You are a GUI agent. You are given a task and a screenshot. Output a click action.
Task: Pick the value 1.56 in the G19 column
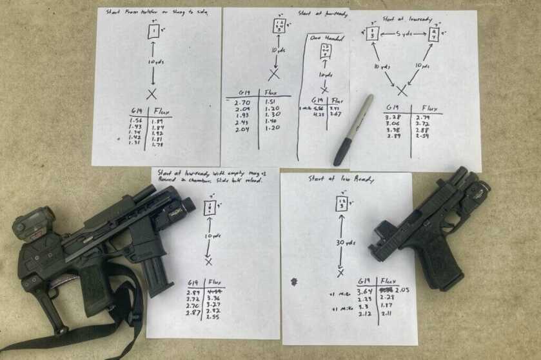coord(135,121)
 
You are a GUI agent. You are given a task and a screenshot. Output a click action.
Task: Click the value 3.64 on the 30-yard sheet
coord(366,291)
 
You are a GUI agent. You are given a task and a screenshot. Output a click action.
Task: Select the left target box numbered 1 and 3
coord(372,33)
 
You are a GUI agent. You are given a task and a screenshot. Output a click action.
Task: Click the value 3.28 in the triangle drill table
coord(392,118)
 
